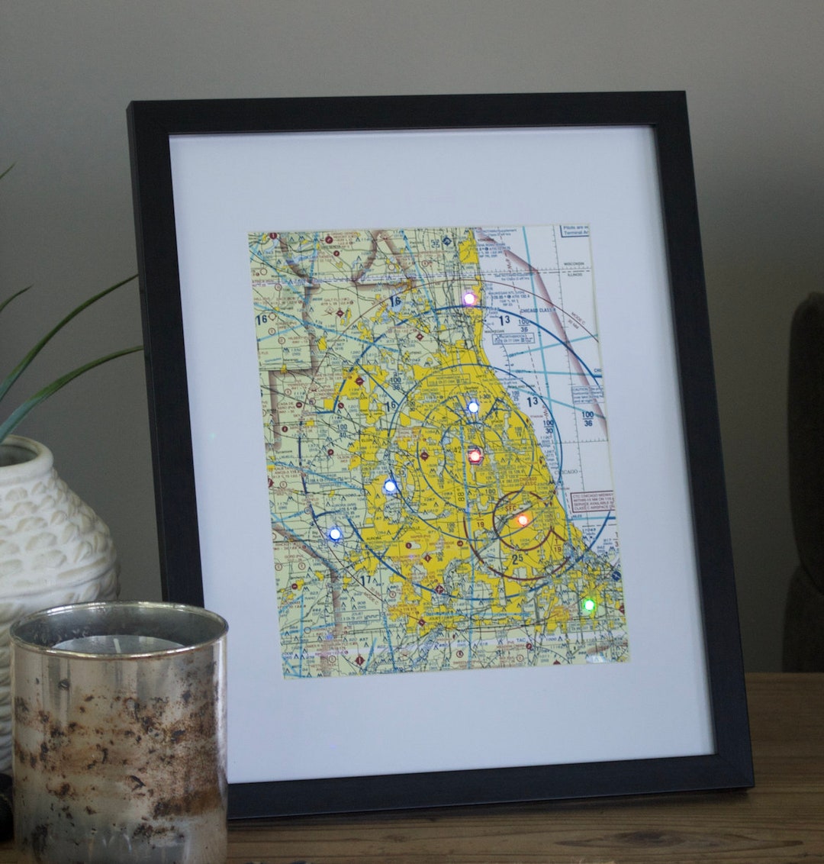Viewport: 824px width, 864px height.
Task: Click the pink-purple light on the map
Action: coord(469,298)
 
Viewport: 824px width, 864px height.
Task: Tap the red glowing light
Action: coord(475,456)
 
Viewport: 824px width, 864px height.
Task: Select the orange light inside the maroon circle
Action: coord(523,520)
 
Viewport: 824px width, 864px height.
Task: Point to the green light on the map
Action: coord(588,605)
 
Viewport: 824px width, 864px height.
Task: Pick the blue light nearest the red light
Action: coord(473,407)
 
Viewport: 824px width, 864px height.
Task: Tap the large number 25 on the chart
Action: coord(519,559)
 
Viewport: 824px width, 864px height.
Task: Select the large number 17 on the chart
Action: coord(365,581)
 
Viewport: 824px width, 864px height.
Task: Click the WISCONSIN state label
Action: coord(575,264)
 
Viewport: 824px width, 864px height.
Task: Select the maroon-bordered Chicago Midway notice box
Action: coord(593,501)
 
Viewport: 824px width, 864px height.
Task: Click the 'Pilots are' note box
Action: coord(574,231)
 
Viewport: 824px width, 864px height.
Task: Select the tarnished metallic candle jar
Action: coord(120,733)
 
